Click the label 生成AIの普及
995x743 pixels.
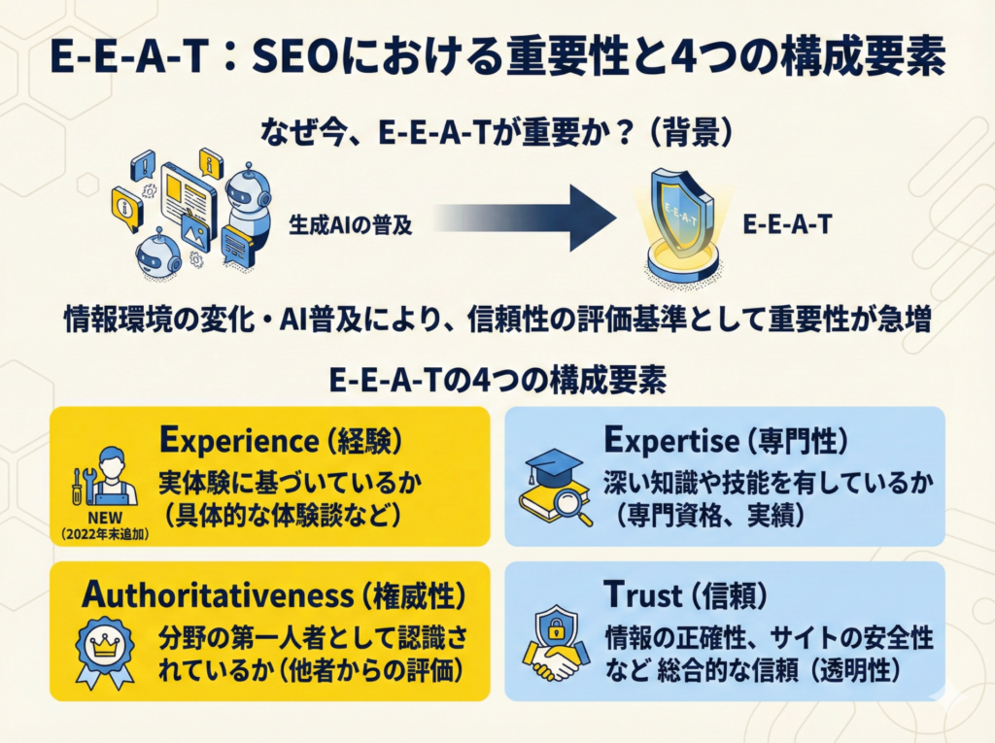(x=350, y=225)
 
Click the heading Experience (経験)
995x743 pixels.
(x=281, y=440)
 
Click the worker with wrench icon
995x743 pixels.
(x=105, y=475)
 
